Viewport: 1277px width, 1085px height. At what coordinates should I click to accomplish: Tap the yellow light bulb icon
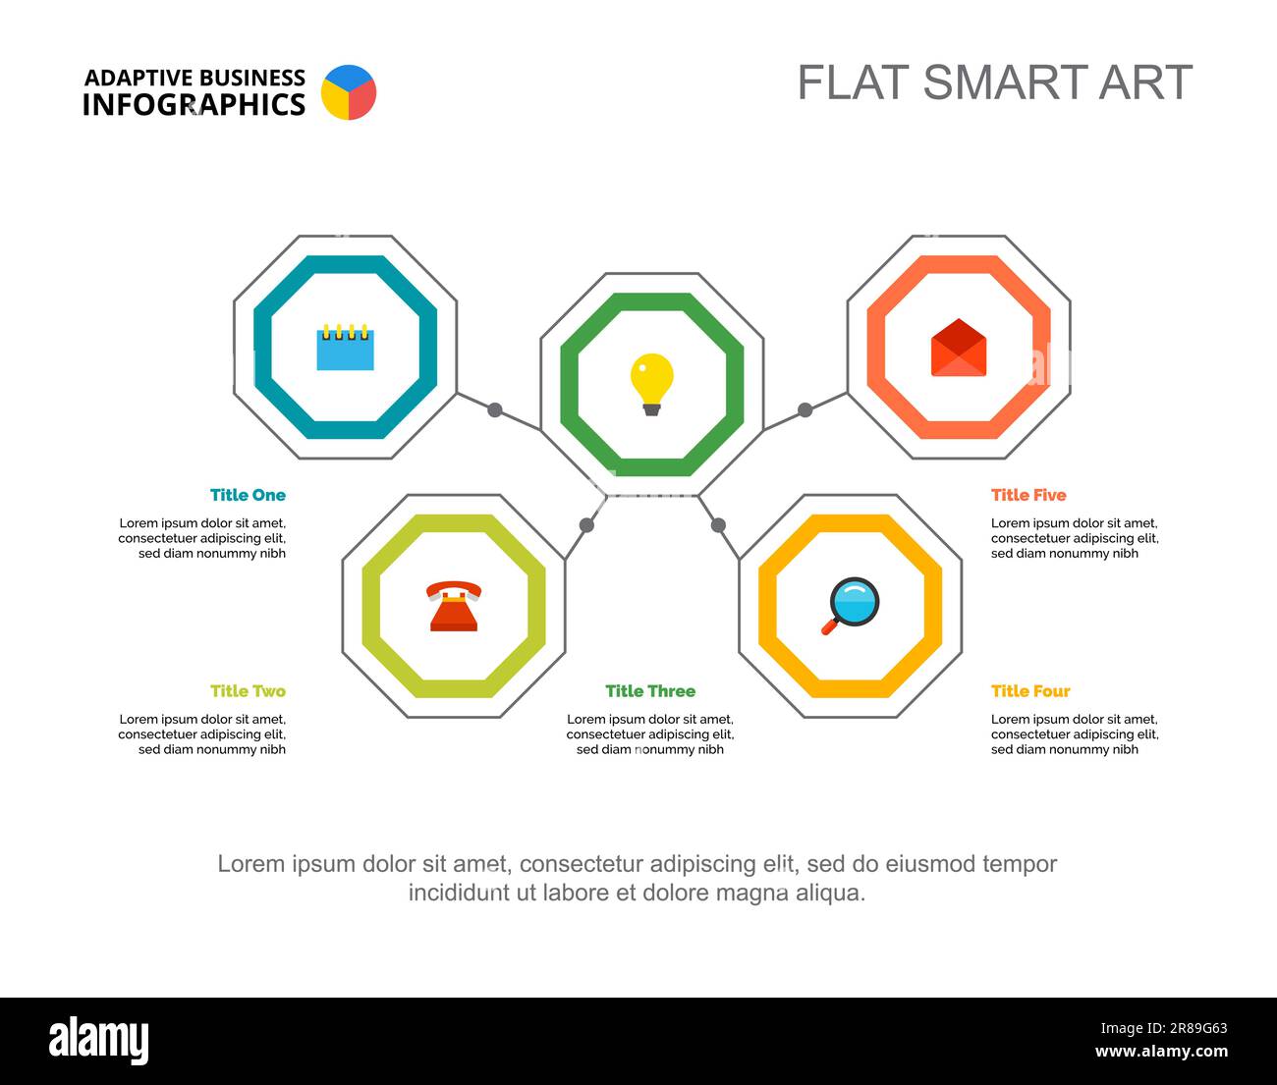coord(651,383)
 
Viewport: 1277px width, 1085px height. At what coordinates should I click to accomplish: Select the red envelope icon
coord(958,348)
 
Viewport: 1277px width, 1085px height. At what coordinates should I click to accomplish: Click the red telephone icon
coord(454,606)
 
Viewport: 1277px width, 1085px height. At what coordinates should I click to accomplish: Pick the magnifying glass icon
coord(851,605)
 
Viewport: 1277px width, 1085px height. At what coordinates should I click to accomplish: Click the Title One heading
coord(248,495)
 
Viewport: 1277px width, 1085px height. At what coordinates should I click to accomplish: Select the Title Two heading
coord(248,691)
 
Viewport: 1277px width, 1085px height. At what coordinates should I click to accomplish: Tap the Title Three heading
coord(650,691)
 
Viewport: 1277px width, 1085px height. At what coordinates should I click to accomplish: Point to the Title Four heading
coord(1030,691)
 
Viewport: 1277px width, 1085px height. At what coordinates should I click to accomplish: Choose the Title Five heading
coord(1028,495)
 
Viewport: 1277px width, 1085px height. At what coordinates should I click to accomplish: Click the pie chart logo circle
coord(349,92)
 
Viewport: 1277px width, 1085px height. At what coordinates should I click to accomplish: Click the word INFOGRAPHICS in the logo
coord(194,105)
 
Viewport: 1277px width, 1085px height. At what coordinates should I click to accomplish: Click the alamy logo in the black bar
coord(99,1041)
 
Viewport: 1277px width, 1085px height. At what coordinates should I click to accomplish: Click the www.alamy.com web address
coord(1161,1053)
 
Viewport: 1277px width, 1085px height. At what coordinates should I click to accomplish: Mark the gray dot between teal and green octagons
coord(495,410)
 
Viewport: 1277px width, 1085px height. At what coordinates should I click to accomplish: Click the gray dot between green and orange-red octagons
coord(805,410)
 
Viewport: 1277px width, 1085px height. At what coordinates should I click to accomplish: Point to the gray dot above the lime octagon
coord(586,525)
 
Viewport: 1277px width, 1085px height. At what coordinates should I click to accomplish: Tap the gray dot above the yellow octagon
coord(718,525)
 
